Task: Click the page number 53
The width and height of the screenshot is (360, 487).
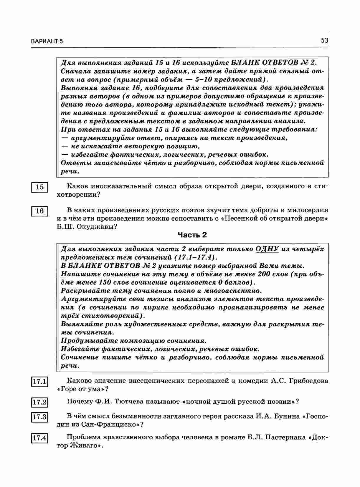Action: coord(324,40)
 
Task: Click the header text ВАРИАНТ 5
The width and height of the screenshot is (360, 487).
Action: coord(47,42)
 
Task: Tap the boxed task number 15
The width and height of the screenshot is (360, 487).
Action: coord(39,187)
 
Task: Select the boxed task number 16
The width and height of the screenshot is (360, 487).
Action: coord(39,211)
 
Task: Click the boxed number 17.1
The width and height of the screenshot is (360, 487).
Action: coord(39,382)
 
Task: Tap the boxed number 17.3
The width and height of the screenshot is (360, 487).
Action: coord(39,417)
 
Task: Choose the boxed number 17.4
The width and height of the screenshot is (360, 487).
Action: coord(39,438)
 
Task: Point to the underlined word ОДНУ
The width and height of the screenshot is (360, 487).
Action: coord(267,249)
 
